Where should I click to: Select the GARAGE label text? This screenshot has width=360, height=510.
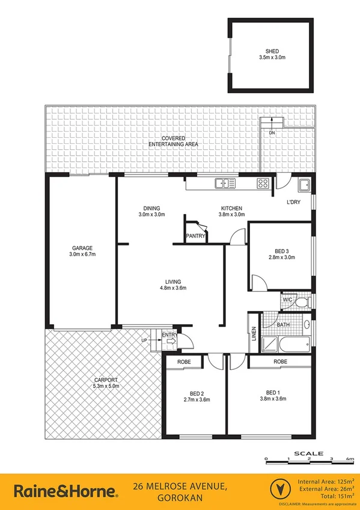[82, 248]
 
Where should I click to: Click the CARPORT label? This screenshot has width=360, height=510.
[106, 379]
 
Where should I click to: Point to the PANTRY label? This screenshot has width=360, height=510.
[195, 236]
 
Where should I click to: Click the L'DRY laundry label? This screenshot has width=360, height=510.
[293, 201]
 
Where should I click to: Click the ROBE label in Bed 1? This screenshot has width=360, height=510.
[280, 362]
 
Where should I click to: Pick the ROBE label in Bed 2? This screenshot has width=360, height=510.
[184, 362]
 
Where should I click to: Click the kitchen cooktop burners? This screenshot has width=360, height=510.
[263, 184]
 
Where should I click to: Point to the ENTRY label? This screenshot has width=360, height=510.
[169, 336]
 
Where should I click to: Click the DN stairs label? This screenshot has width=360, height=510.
[272, 132]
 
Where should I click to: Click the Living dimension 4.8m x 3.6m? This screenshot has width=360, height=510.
[173, 288]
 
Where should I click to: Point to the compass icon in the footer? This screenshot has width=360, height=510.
[278, 488]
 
